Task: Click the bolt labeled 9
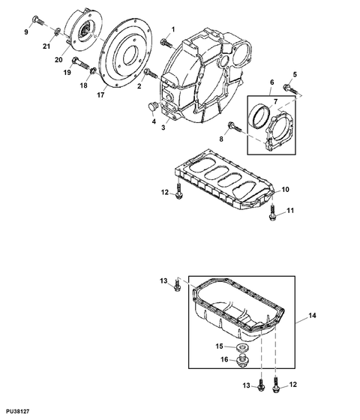(x=37, y=21)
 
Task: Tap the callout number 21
(x=46, y=46)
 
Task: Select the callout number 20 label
(x=58, y=60)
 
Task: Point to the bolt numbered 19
(x=80, y=63)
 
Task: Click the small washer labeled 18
(x=94, y=70)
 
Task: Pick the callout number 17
(x=100, y=94)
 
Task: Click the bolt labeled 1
(x=166, y=43)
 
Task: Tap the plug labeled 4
(x=152, y=106)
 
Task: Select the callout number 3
(x=163, y=127)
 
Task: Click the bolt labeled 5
(x=289, y=89)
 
